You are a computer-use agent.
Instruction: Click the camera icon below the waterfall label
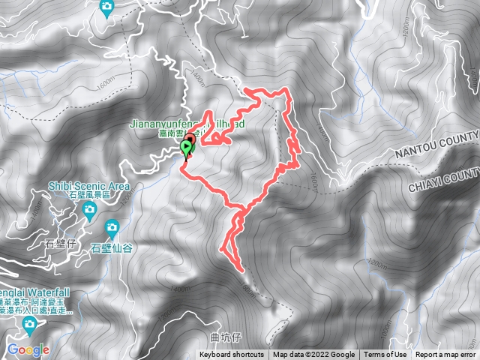pos(30,325)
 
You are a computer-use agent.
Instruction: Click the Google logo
pos(28,349)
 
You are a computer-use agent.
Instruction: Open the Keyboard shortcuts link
pos(231,355)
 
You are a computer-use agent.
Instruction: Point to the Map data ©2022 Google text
pos(313,355)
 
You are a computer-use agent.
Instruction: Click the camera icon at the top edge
pos(107,7)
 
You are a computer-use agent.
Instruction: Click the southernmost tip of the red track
pos(241,268)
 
